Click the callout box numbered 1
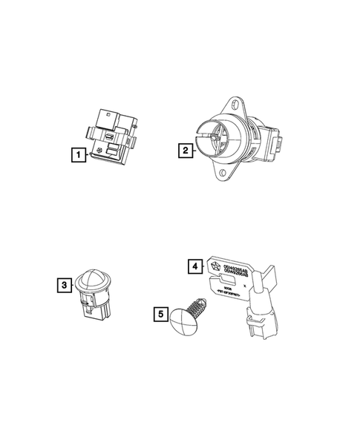[76, 156]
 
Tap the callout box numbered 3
[65, 284]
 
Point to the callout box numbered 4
[194, 266]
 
